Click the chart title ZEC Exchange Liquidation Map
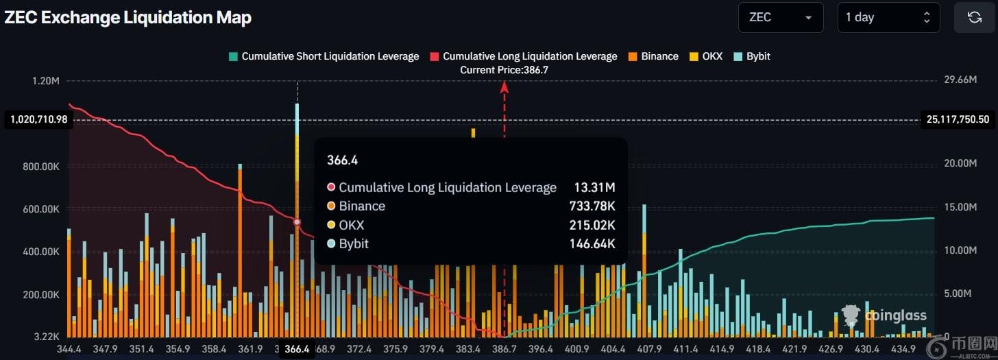pyautogui.click(x=128, y=18)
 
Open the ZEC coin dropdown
pyautogui.click(x=780, y=17)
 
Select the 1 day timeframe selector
pyautogui.click(x=888, y=17)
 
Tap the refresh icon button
pyautogui.click(x=974, y=17)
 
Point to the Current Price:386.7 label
pyautogui.click(x=504, y=70)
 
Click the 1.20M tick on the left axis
pyautogui.click(x=46, y=81)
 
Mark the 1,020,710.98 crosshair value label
pyautogui.click(x=38, y=120)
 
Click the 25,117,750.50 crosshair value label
pyautogui.click(x=958, y=119)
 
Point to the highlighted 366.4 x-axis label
pyautogui.click(x=297, y=349)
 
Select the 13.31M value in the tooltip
pyautogui.click(x=594, y=187)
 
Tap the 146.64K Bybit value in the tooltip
pyautogui.click(x=592, y=243)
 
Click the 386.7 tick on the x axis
pyautogui.click(x=504, y=349)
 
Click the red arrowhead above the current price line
pyautogui.click(x=504, y=86)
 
